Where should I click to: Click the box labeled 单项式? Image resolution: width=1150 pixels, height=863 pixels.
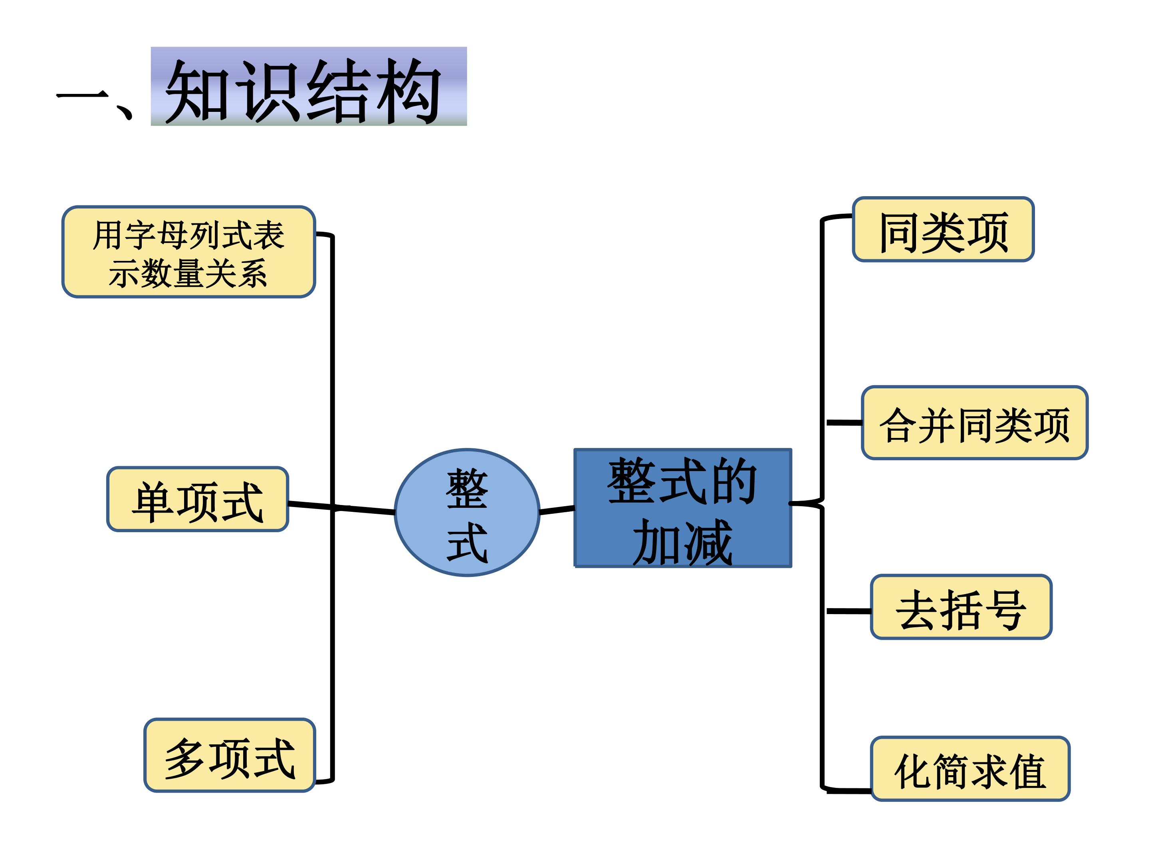pos(198,500)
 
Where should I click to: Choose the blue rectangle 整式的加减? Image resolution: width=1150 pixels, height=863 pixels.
pos(683,508)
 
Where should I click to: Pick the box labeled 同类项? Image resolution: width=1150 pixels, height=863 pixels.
pos(943,229)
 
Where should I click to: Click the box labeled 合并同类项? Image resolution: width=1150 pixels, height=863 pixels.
pos(975,424)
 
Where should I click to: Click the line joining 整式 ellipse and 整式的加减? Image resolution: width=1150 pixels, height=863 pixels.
pos(557,510)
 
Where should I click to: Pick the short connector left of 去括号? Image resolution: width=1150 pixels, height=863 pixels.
pos(849,611)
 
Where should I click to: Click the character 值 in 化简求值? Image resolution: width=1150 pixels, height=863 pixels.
pos(1027,771)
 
